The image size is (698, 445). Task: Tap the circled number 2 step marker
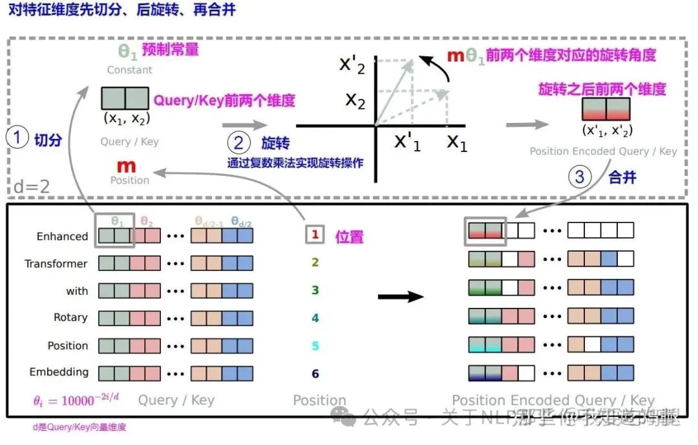pos(238,142)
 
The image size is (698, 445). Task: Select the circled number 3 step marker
pos(580,177)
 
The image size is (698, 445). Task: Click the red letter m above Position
pos(127,166)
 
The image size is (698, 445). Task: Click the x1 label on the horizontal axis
pos(457,142)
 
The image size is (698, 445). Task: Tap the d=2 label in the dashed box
pos(32,188)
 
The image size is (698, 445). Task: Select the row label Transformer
pos(56,264)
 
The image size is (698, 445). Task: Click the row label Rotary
pos(70,318)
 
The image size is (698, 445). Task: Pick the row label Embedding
pos(59,372)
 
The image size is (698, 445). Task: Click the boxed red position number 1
pos(315,235)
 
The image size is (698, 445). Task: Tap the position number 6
pos(315,374)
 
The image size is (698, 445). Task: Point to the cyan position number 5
pos(315,346)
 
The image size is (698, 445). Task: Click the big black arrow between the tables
pos(400,296)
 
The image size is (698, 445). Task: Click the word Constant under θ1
pos(130,70)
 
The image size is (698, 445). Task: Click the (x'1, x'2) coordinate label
pos(607,130)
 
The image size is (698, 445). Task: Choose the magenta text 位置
pos(349,237)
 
